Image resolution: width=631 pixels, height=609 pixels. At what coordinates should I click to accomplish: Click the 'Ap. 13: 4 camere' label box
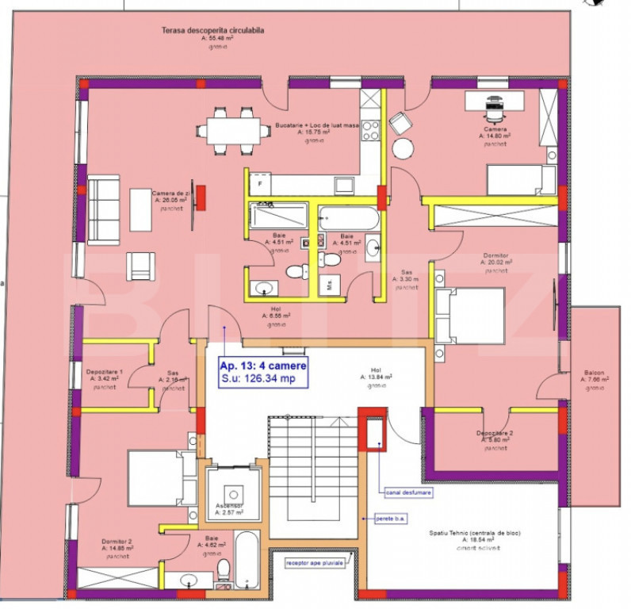click(262, 373)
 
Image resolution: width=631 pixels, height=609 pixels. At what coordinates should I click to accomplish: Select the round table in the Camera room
click(403, 149)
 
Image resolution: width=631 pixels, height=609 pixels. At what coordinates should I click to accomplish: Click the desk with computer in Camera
click(494, 101)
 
